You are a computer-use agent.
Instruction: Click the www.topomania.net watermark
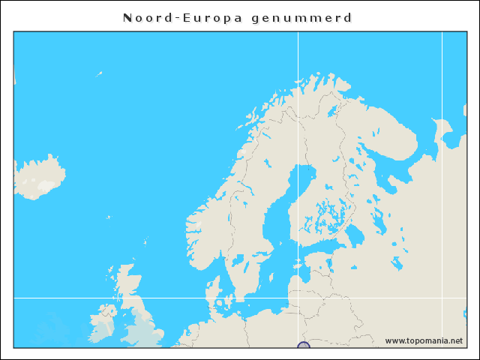(x=424, y=340)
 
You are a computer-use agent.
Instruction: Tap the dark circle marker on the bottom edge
(x=303, y=346)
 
